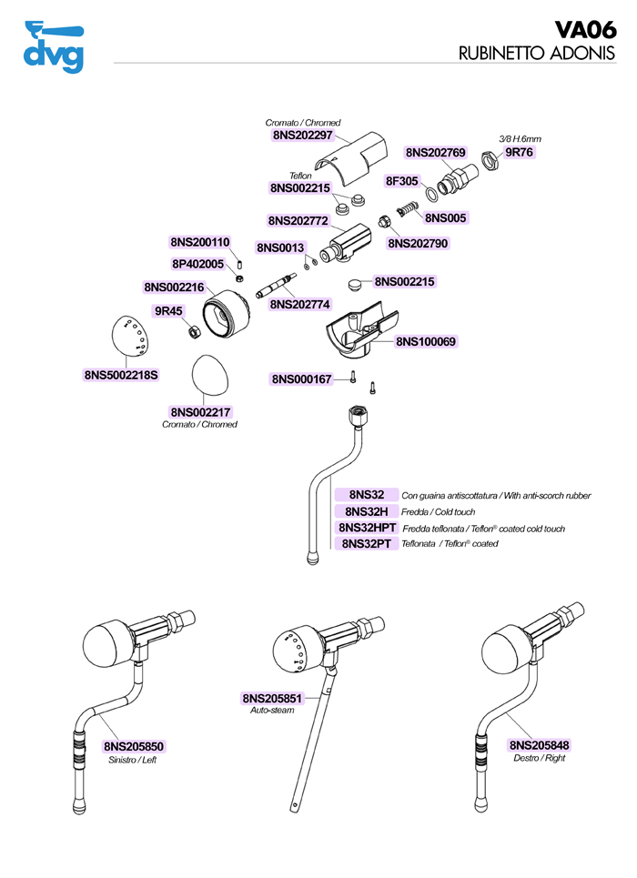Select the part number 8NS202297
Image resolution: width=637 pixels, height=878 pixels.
coord(304,135)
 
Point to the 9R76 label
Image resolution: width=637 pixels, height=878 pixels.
coord(519,152)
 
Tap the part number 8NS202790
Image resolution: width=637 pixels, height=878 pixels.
coord(418,243)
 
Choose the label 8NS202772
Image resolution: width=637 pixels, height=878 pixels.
coord(298,220)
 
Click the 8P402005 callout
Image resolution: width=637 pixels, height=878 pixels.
coord(197,264)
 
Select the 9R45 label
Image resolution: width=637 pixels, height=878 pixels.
coord(168,310)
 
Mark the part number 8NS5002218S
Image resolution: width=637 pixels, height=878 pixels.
coord(121,374)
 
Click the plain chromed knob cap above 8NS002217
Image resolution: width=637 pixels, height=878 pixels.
coord(209,375)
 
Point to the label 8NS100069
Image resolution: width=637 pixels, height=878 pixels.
coord(425,342)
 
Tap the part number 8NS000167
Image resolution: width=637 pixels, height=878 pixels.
coord(302,378)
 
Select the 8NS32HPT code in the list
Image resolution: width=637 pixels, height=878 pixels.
coord(369,528)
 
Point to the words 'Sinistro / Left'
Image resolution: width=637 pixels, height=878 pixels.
coord(133,760)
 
